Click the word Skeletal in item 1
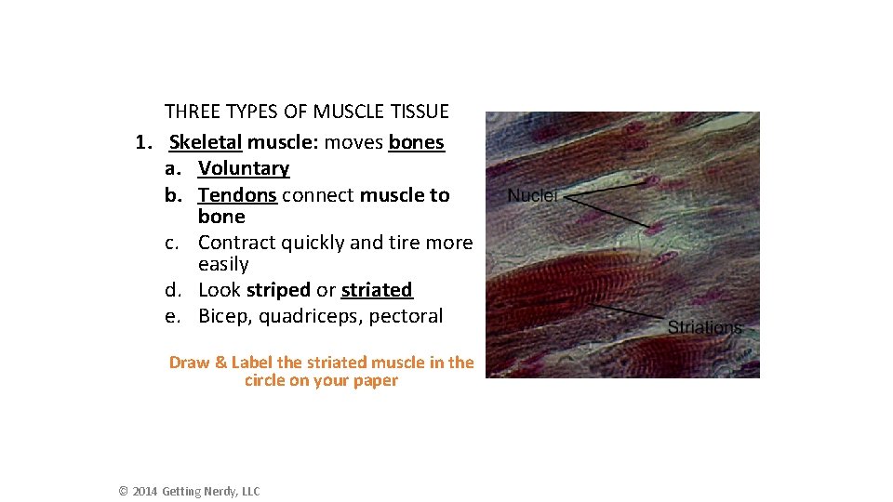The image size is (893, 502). point(206,143)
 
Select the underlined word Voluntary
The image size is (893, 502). point(244,169)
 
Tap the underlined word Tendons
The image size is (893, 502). point(237,195)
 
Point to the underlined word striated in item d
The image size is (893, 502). point(377,290)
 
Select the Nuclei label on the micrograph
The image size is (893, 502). point(532,196)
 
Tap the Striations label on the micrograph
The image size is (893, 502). point(705,327)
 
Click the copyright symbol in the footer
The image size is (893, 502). point(123,492)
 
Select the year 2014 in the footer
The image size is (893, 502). point(144,492)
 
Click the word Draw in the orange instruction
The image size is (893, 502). point(189,363)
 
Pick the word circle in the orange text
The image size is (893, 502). point(265,381)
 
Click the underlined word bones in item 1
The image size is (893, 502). point(417,143)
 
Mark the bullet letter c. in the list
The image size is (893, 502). point(173,244)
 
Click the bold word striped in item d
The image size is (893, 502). point(278,290)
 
